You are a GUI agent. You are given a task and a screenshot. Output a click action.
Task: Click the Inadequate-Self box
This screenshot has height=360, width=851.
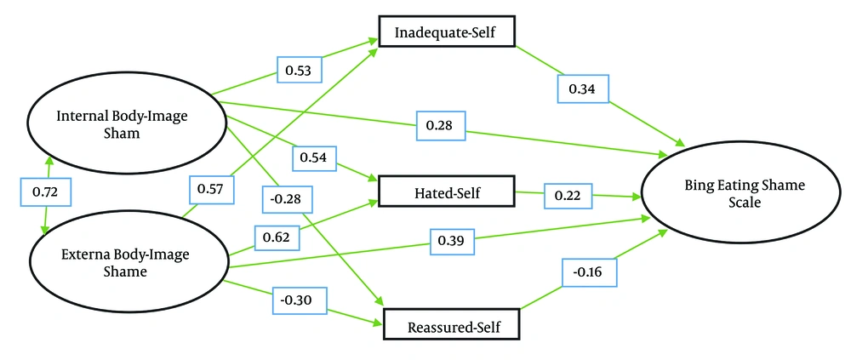[446, 33]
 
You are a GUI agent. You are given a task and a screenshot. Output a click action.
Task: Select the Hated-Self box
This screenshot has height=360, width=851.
[445, 191]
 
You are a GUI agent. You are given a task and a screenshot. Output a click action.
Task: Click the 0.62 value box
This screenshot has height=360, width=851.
[277, 237]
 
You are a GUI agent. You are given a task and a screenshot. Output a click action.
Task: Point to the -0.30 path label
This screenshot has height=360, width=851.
[300, 300]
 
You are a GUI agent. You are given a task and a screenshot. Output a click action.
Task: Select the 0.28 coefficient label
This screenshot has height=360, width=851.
[442, 126]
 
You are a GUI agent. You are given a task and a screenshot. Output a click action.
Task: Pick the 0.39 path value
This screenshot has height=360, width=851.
[452, 241]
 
